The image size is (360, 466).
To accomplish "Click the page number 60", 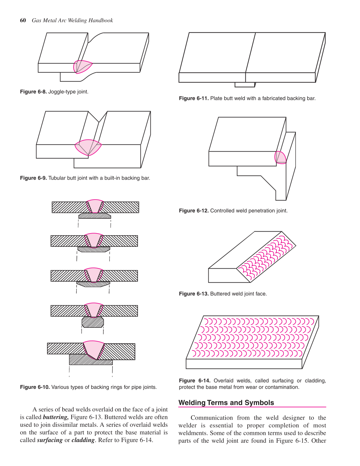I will (23, 21).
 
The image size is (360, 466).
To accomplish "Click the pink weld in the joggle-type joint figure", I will (83, 66).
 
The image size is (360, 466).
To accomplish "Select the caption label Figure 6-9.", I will (33, 178).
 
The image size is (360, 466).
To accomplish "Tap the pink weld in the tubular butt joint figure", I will (88, 147).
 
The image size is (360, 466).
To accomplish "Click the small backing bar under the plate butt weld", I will (245, 85).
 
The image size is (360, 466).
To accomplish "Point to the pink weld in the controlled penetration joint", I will (280, 158).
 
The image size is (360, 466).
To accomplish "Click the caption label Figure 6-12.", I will (194, 211).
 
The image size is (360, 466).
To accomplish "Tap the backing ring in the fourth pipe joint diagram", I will (93, 322).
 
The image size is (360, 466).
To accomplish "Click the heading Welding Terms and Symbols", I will (226, 403).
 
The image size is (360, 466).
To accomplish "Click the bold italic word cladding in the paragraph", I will (83, 440).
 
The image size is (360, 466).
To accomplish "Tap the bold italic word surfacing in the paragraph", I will (50, 440).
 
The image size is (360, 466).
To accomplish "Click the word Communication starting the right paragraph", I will (211, 418).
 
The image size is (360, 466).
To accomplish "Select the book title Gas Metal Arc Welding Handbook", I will (72, 21).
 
